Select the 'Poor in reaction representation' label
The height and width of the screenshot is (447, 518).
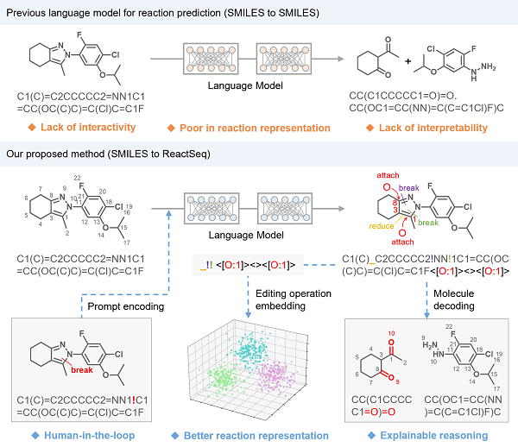(x=255, y=128)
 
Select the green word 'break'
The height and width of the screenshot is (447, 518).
(x=428, y=223)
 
